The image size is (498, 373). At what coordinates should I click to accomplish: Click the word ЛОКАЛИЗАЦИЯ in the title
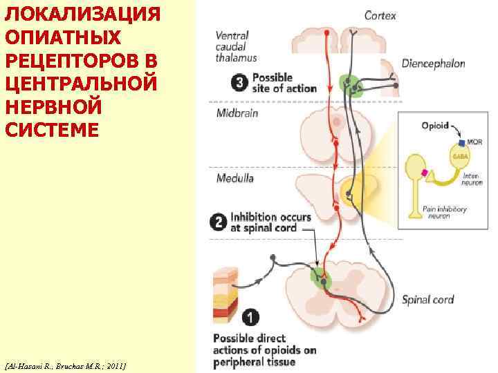click(x=82, y=15)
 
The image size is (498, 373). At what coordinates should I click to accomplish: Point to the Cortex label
click(x=380, y=15)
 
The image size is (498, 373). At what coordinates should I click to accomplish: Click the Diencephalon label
click(x=434, y=64)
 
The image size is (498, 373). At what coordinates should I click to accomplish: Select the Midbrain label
click(x=237, y=113)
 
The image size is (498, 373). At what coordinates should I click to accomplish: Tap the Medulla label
click(x=235, y=178)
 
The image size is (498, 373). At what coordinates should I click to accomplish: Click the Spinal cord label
click(x=428, y=300)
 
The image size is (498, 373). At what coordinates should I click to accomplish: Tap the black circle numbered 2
click(x=218, y=222)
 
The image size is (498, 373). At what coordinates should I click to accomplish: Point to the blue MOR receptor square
click(x=461, y=142)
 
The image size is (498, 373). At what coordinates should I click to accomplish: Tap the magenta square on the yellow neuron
click(x=425, y=172)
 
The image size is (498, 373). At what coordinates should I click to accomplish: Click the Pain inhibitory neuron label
click(x=446, y=212)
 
